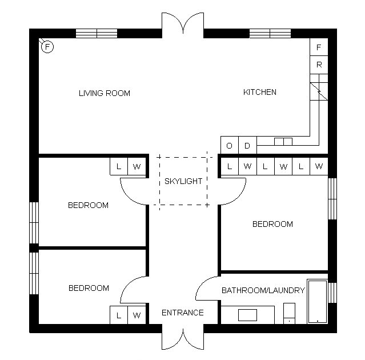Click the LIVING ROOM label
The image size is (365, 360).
105,93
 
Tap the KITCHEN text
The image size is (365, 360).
260,92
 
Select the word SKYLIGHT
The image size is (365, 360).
183,181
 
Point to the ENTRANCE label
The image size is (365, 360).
183,313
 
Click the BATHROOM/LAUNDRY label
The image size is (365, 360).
263,290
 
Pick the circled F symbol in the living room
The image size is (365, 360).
47,47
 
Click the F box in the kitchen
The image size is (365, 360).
319,47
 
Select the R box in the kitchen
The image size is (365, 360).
319,65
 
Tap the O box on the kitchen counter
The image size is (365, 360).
230,145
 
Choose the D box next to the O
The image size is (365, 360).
247,145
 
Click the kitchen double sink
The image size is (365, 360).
283,142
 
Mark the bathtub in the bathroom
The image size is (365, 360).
318,301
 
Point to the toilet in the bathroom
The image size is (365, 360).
290,313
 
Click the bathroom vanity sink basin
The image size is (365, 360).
247,315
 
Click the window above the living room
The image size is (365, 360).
97,33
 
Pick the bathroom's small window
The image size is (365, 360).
332,293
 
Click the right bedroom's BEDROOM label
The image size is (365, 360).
272,224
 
